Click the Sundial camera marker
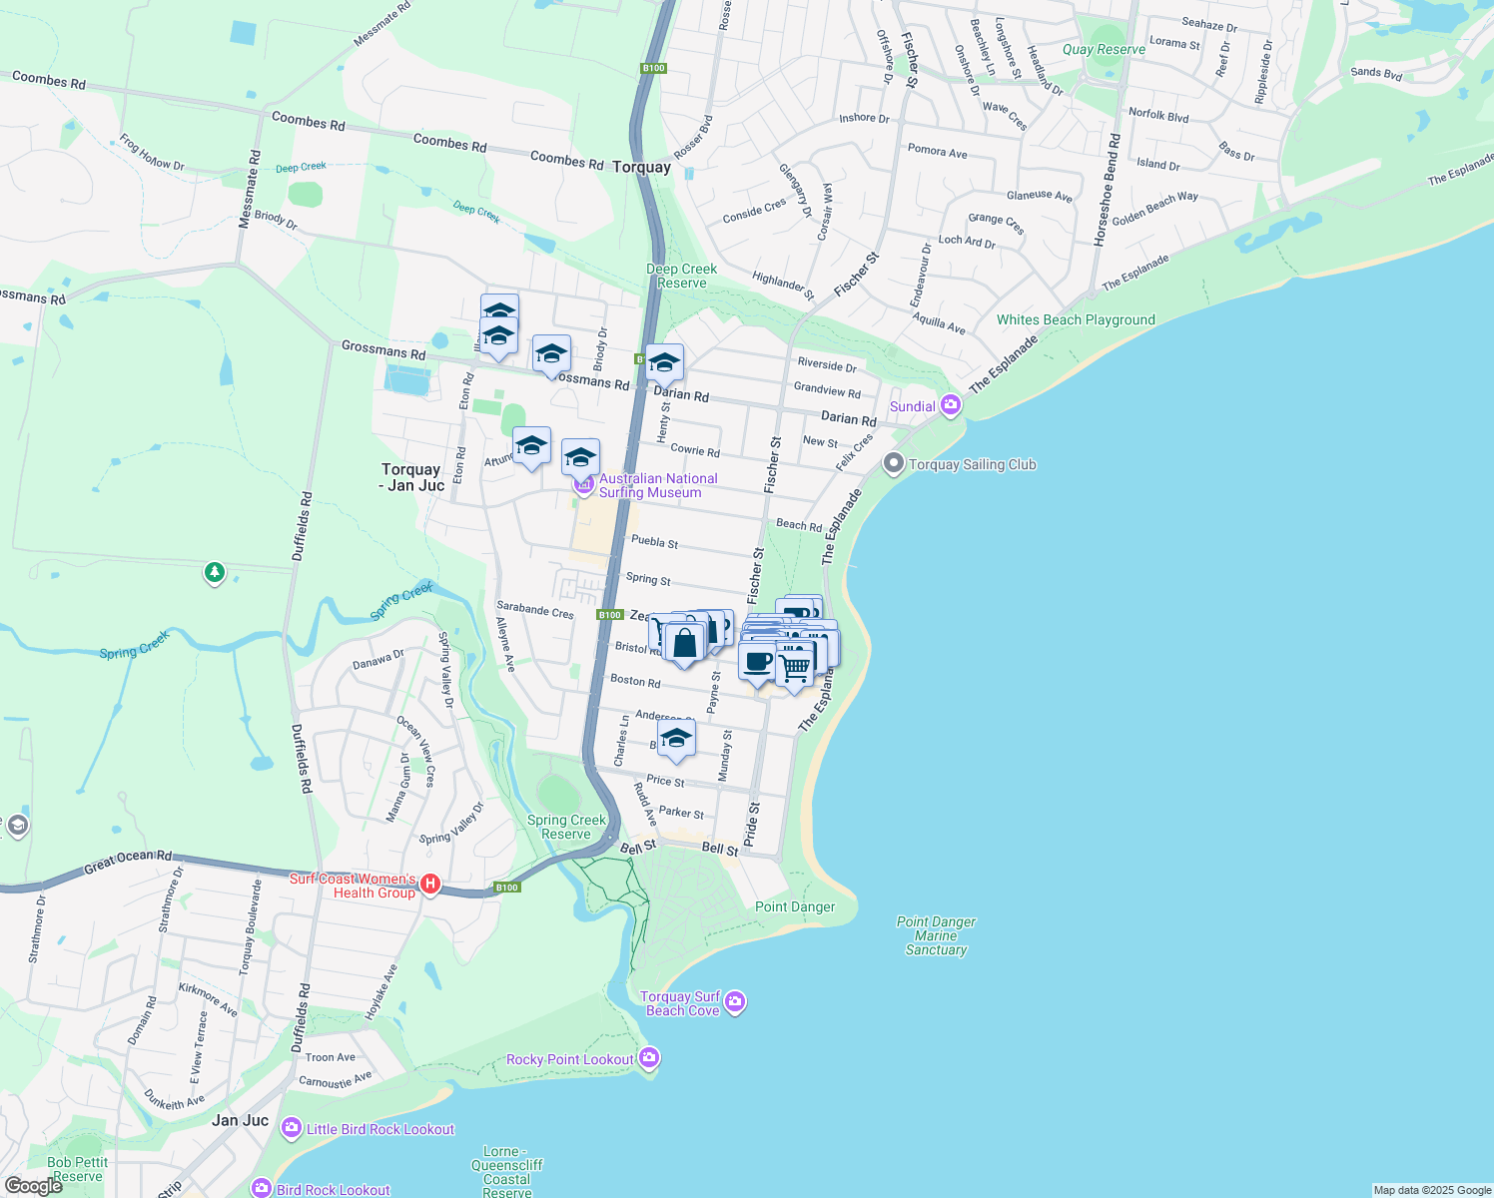pos(950,405)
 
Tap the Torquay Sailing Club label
pos(972,464)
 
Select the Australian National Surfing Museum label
pos(657,485)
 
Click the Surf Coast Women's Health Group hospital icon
pos(430,884)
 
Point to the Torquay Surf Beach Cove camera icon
pos(735,1001)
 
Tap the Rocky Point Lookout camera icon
pos(649,1056)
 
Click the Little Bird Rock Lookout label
pos(379,1129)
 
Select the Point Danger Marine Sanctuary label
pos(936,935)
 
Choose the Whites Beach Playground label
pos(1076,319)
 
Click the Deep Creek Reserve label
pos(681,276)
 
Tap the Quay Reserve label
pos(1104,49)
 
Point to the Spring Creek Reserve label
pos(566,827)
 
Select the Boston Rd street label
pos(635,681)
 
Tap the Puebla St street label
pos(654,541)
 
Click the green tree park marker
pos(214,572)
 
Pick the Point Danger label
pos(795,906)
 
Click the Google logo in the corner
pos(33,1186)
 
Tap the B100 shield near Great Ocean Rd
pos(507,887)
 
